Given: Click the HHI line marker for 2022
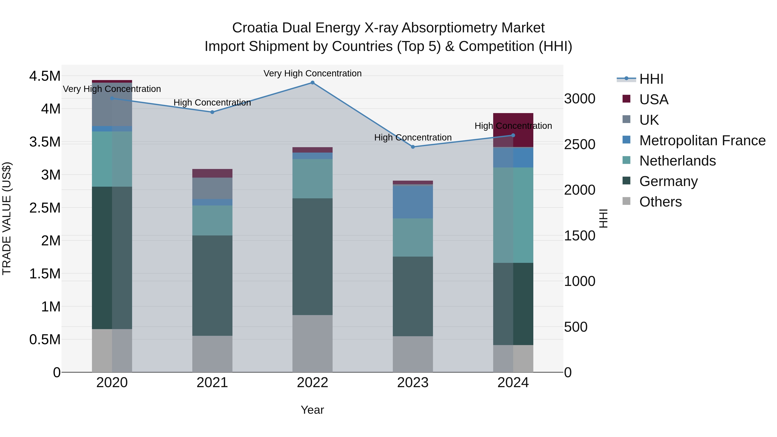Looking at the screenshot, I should tap(313, 83).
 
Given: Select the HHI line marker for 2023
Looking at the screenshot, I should tap(413, 147).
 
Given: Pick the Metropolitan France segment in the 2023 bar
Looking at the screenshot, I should tap(413, 202).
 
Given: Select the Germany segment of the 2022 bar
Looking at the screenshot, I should tap(313, 256).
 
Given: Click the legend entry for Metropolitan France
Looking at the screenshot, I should tap(702, 140).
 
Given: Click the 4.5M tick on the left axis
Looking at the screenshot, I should tap(45, 76).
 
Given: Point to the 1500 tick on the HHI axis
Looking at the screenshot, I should tap(580, 236).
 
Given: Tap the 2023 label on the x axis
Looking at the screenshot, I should tap(413, 383).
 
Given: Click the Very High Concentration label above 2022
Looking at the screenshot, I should tap(313, 73).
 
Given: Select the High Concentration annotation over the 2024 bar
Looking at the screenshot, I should tap(513, 126).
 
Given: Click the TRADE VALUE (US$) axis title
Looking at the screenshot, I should tap(7, 218).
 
